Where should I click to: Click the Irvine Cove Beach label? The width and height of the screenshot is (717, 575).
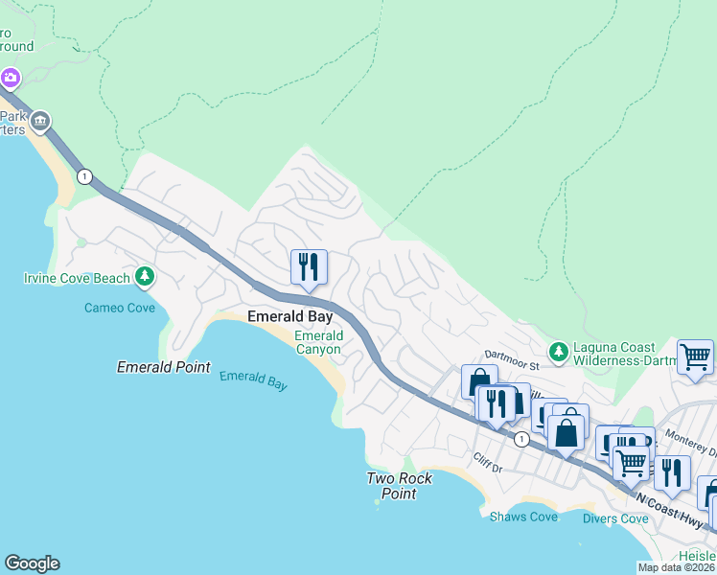(76, 279)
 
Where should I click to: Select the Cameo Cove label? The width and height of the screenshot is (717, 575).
(120, 308)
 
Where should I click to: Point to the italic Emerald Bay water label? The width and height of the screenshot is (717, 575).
(253, 379)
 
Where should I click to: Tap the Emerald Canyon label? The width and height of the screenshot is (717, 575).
(318, 343)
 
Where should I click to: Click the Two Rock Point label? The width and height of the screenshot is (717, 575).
(400, 486)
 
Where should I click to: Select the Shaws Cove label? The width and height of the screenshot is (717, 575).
(523, 517)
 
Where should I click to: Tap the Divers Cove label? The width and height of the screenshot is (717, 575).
(615, 518)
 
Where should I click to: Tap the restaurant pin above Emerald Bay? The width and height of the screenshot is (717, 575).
(309, 267)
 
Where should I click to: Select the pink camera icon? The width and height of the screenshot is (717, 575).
(10, 77)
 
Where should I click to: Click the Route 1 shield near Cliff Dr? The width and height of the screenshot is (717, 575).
(520, 439)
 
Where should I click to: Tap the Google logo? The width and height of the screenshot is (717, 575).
(32, 563)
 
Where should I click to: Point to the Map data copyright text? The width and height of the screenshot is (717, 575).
(676, 567)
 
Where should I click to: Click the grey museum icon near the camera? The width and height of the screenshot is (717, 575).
(40, 121)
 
